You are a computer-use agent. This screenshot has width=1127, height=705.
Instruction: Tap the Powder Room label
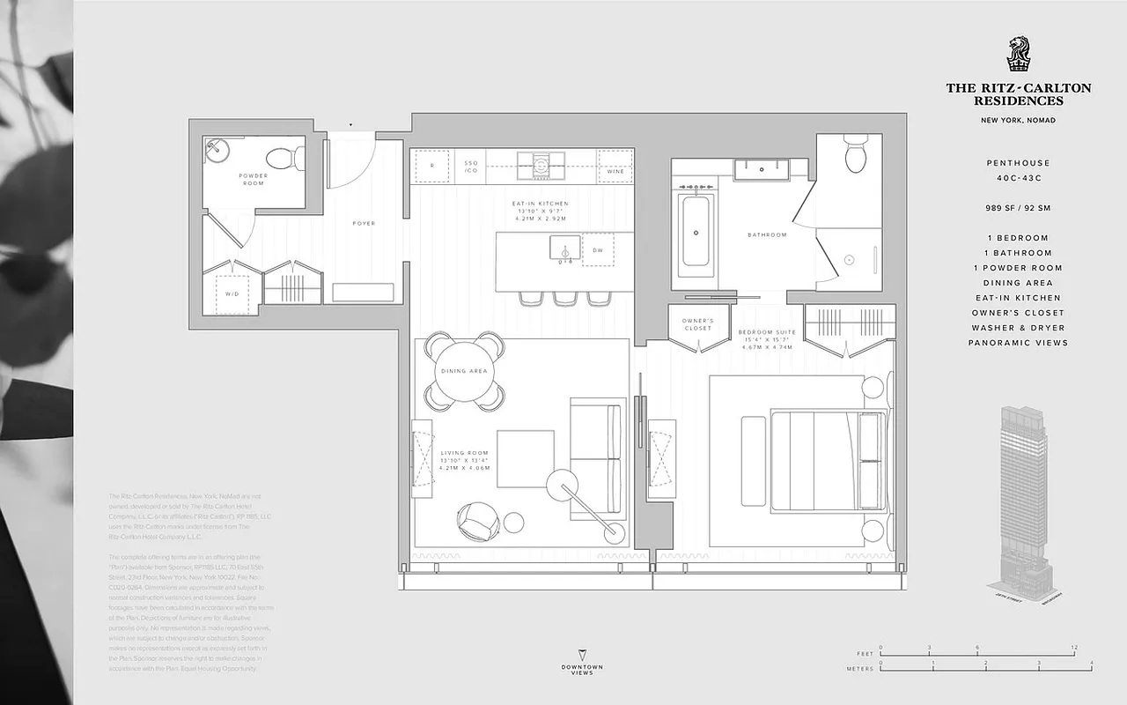click(x=254, y=179)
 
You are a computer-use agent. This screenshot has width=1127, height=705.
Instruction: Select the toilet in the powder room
click(x=285, y=158)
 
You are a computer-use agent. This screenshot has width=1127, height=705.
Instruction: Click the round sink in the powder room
click(x=216, y=152)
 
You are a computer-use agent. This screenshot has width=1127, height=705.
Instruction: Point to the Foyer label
click(x=364, y=224)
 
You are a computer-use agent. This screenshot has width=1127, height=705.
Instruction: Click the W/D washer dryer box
click(x=232, y=293)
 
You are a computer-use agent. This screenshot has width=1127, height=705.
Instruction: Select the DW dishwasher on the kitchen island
click(x=597, y=249)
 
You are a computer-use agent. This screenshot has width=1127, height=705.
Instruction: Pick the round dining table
click(x=465, y=371)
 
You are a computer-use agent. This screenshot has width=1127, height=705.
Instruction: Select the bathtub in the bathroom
click(x=696, y=232)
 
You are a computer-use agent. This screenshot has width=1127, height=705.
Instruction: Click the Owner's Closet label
click(x=698, y=324)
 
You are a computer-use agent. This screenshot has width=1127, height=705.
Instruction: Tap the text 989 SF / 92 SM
click(x=1018, y=209)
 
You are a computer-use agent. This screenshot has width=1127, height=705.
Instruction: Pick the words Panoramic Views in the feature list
click(x=1018, y=343)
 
